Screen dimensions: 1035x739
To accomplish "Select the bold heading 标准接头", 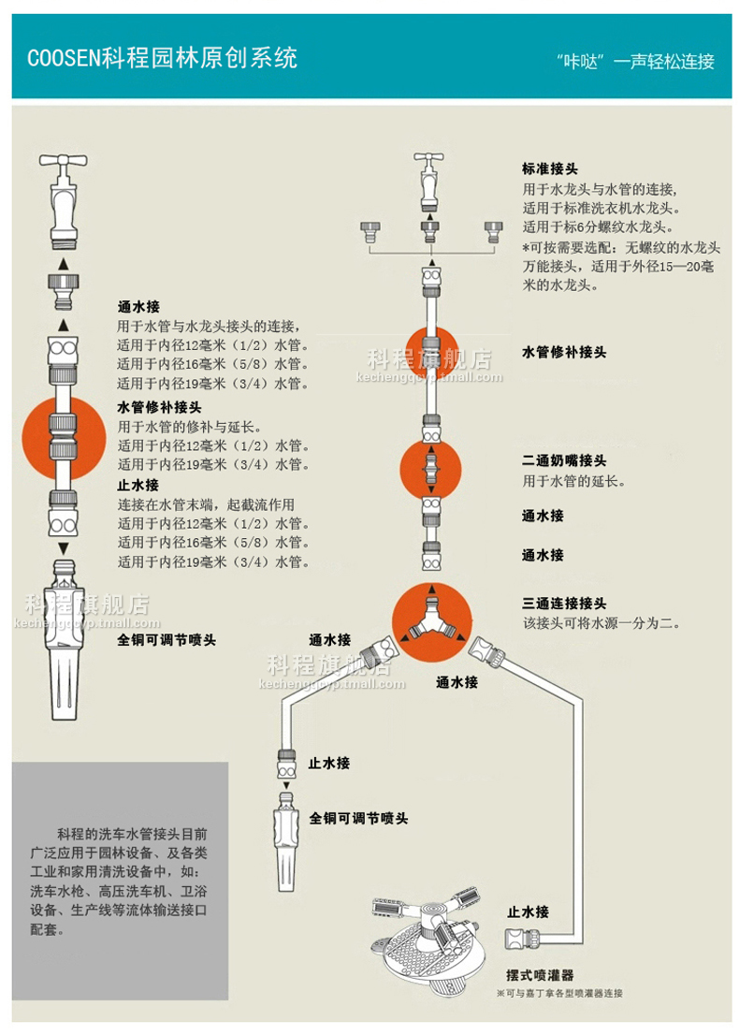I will click(550, 169).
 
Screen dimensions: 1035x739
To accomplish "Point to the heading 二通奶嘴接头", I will click(564, 461).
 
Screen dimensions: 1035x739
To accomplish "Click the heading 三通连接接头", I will click(564, 604).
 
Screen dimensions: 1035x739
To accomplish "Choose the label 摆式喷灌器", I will click(541, 975).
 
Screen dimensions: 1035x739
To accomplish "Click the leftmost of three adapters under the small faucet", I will click(369, 230).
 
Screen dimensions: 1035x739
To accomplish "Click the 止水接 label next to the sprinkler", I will click(528, 911).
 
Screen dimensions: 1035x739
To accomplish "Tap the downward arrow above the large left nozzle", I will click(63, 547).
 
